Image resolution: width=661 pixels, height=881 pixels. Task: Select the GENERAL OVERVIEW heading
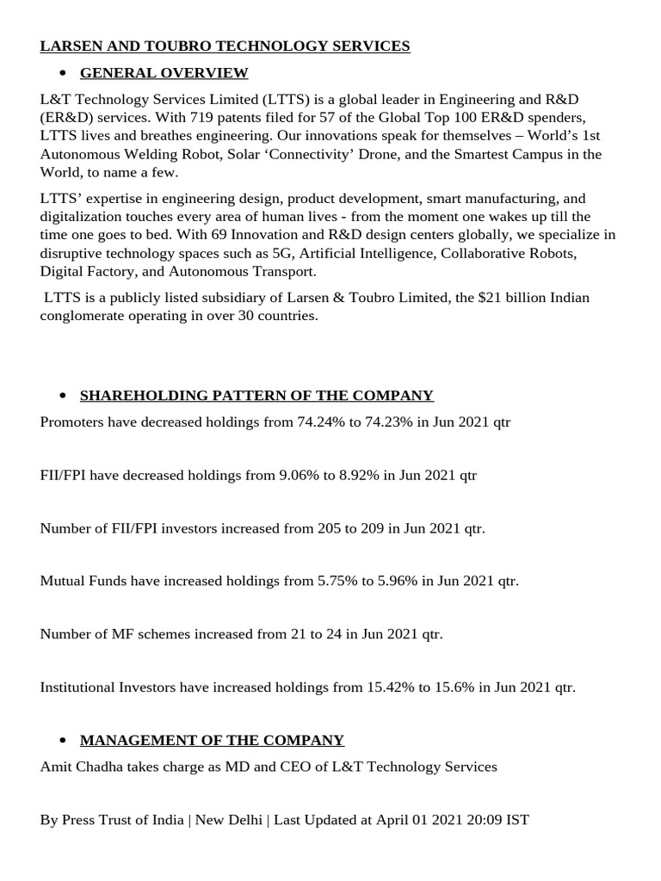[164, 73]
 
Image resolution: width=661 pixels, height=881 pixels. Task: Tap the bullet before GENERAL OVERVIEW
[63, 73]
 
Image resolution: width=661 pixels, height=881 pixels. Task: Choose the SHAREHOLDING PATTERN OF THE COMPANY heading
[256, 396]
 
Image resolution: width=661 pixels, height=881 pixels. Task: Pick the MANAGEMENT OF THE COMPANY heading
[212, 741]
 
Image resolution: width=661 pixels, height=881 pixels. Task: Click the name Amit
[56, 767]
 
